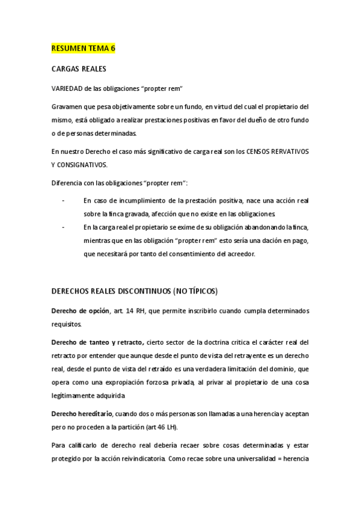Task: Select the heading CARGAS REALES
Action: click(79, 69)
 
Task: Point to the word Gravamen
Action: click(67, 106)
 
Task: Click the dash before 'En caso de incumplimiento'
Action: click(63, 200)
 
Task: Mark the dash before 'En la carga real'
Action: click(63, 227)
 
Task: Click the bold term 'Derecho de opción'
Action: click(81, 310)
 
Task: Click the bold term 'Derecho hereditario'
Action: click(84, 413)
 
